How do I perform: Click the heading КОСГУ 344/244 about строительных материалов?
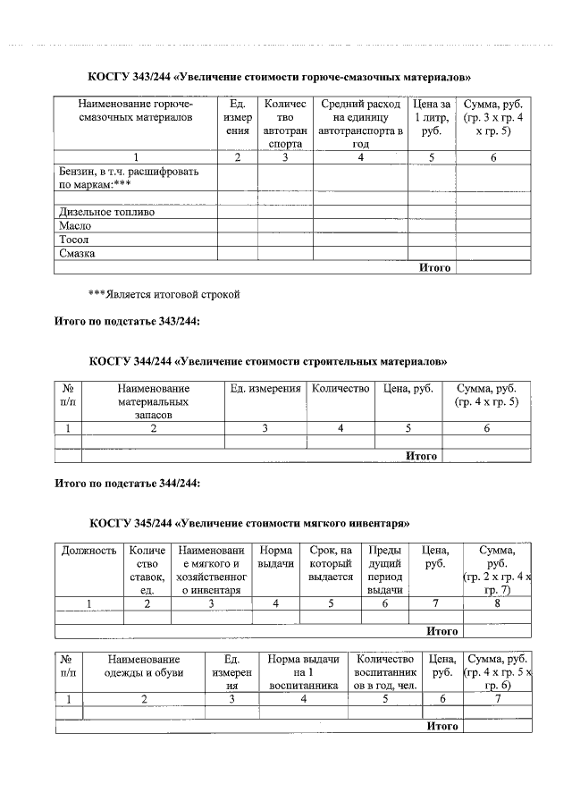(x=267, y=362)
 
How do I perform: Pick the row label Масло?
(x=75, y=226)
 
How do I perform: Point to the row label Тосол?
(x=74, y=240)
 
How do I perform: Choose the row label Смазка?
(x=77, y=253)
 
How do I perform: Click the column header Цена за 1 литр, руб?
(x=432, y=117)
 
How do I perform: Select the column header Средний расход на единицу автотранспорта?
(x=360, y=123)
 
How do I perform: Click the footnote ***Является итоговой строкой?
(x=164, y=293)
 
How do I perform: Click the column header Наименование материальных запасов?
(x=153, y=401)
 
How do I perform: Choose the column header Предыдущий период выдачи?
(x=385, y=569)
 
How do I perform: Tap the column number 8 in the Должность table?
(x=496, y=603)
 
